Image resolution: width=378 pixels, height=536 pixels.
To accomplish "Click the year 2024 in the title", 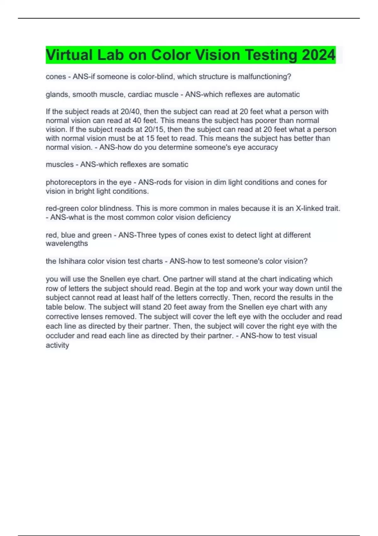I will [318, 55].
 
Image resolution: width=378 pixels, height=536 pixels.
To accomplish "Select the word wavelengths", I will [67, 243].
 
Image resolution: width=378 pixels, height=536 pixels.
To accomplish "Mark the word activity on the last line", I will [57, 345].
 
